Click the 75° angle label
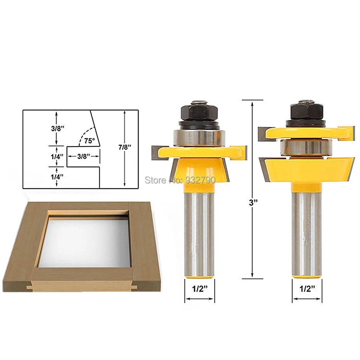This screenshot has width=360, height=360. pos(89,140)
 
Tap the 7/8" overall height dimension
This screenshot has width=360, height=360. pos(125,147)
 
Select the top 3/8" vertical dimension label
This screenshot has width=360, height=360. pos(58,129)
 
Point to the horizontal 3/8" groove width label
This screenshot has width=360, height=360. pos(84,156)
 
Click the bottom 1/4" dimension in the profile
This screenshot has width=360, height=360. pos(57,176)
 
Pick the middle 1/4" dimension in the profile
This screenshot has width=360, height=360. pos(57,157)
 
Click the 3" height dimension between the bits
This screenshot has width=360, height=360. pos(253,202)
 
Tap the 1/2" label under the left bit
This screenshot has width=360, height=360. pos(200,289)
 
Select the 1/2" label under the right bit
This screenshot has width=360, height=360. pos(307,289)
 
